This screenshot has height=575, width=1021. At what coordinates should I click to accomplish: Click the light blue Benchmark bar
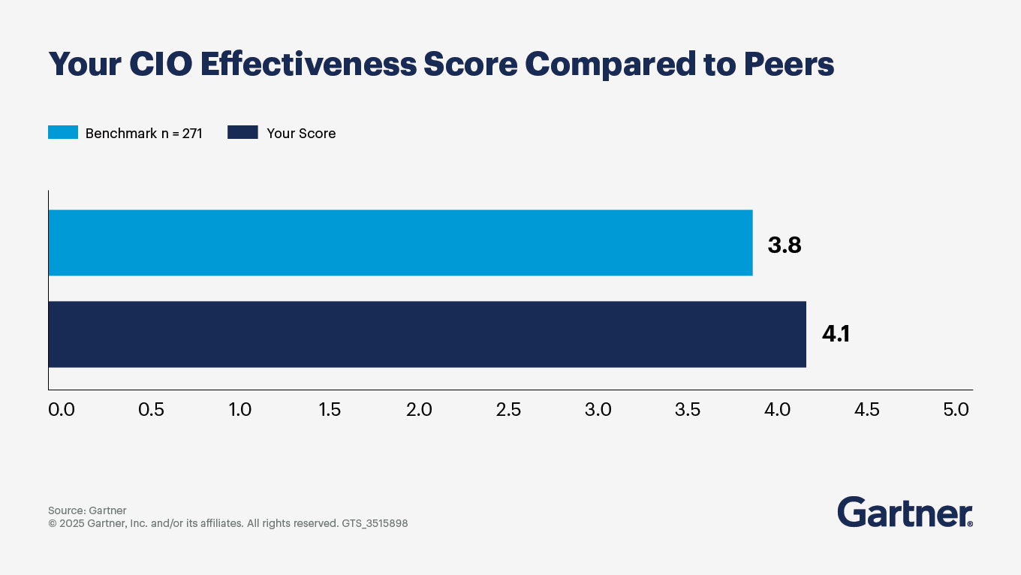click(400, 242)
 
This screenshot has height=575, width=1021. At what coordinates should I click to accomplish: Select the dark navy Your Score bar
click(426, 334)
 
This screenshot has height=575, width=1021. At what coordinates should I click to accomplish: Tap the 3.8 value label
click(785, 245)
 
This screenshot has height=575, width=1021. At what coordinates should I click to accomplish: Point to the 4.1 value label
click(836, 334)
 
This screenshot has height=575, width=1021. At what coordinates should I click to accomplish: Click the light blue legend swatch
click(63, 133)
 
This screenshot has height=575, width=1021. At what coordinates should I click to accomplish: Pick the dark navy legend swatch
click(242, 133)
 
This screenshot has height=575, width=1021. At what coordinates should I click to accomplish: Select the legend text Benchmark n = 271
click(143, 134)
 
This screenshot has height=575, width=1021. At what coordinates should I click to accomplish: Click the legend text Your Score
click(301, 134)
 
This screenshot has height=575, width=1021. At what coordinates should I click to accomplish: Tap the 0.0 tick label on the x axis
click(61, 410)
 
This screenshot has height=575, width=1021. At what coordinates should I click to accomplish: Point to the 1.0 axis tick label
click(240, 410)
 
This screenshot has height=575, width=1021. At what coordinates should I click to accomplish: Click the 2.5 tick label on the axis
click(508, 410)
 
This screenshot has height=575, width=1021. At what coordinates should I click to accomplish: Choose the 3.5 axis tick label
click(688, 410)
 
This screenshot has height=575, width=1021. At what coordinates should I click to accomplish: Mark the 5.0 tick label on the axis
click(956, 410)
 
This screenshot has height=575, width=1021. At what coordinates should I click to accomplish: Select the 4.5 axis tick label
click(866, 410)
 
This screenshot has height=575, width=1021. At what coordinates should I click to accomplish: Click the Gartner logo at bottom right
click(905, 512)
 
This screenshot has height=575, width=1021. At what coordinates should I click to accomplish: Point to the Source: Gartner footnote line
click(87, 510)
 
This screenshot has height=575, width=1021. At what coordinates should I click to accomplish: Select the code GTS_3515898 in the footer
click(375, 523)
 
